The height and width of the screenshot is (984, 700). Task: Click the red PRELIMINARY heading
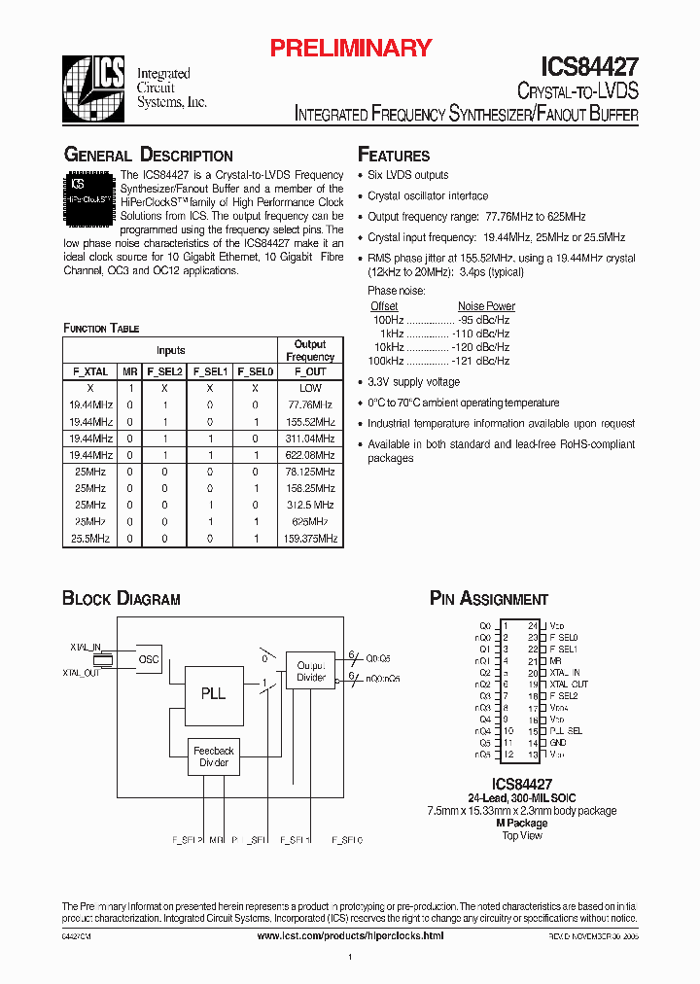(x=349, y=48)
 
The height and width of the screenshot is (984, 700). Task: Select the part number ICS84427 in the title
(x=589, y=67)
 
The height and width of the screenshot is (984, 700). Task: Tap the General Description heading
(x=148, y=156)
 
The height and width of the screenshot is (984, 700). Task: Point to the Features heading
(x=394, y=156)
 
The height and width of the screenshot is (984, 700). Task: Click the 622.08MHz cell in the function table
(x=310, y=455)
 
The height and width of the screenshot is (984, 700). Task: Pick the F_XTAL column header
(x=90, y=371)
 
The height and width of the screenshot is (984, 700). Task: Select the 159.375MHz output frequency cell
(x=310, y=538)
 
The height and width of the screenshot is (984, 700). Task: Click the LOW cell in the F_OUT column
(x=310, y=388)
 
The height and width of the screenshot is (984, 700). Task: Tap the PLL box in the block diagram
(x=213, y=693)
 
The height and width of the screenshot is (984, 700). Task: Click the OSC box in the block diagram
(x=149, y=659)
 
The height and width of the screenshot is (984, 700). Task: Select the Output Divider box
(x=311, y=671)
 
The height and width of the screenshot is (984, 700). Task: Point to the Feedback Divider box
(x=213, y=756)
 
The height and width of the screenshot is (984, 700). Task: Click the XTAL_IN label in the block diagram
(x=86, y=646)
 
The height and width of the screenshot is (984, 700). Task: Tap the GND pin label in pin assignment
(x=557, y=743)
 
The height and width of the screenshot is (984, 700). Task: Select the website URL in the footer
(x=349, y=934)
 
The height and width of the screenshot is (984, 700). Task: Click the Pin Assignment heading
(x=488, y=599)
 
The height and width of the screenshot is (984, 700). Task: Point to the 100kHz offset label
(x=386, y=361)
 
